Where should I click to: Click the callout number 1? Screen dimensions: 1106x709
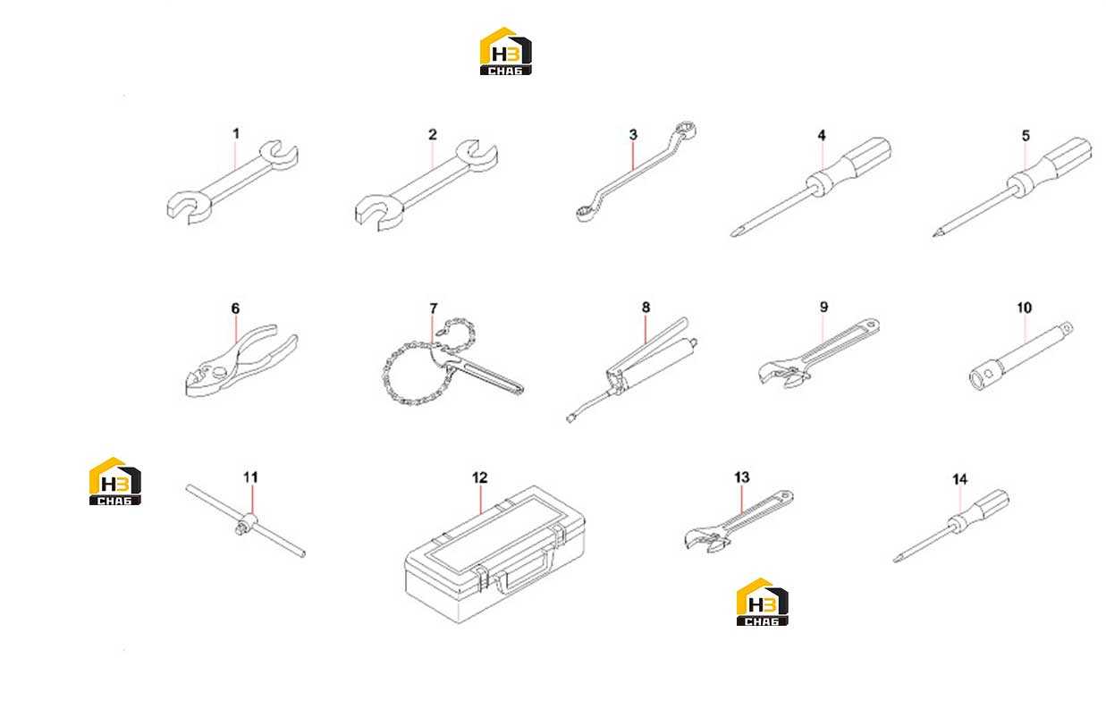click(236, 134)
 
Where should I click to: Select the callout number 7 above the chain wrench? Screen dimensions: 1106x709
click(434, 308)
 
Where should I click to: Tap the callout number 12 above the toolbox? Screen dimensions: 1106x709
click(479, 477)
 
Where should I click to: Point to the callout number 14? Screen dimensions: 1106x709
click(960, 479)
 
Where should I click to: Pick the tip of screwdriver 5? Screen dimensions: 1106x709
click(935, 234)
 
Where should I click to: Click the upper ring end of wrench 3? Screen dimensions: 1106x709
click(685, 130)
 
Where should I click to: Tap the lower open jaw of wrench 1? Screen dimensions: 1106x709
click(188, 207)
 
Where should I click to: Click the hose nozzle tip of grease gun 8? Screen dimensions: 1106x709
click(570, 419)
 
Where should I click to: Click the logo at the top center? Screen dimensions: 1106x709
click(505, 51)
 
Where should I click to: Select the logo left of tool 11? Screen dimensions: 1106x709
click(114, 481)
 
